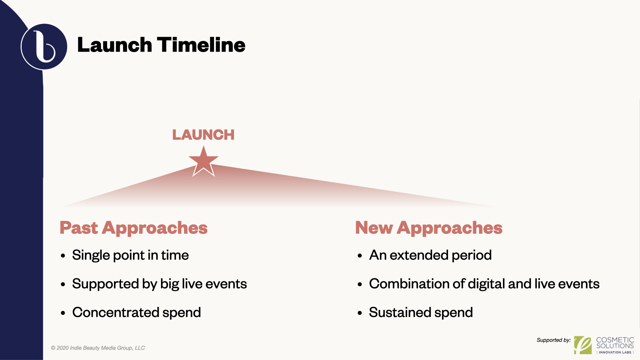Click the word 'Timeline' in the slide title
pos(201,45)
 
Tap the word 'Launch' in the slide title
pos(115,45)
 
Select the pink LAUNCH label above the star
pos(203,135)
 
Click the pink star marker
pos(203,162)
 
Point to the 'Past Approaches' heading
pos(134,228)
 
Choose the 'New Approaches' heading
pos(429,228)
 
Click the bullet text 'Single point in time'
pos(130,255)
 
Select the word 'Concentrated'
pos(116,313)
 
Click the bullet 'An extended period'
pos(430,255)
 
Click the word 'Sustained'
pos(400,313)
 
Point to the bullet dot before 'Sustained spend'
pos(360,313)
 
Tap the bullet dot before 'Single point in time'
pos(63,256)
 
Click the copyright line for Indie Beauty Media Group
pos(98,348)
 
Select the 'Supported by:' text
pos(554,340)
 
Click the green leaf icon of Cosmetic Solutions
pos(583,345)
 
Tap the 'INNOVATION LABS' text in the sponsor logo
pos(615,352)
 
